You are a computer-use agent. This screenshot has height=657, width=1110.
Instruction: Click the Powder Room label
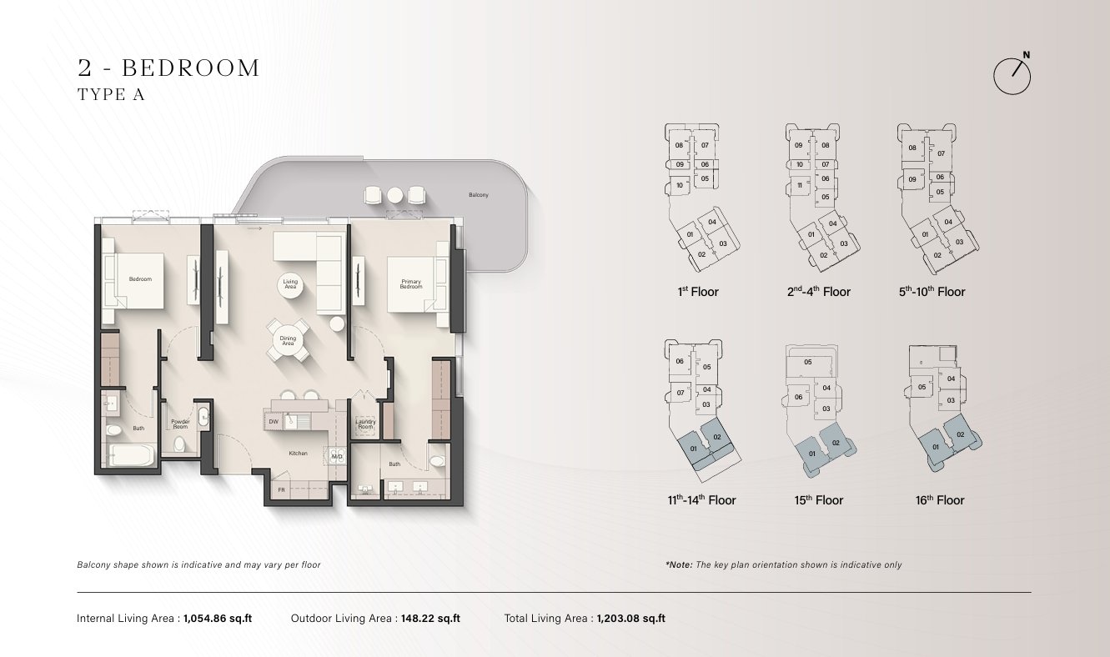(x=180, y=424)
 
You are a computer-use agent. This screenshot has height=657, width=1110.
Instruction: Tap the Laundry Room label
(x=366, y=424)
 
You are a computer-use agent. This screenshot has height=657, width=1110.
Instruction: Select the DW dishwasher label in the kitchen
(x=274, y=422)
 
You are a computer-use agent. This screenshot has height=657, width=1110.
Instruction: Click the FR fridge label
(x=282, y=490)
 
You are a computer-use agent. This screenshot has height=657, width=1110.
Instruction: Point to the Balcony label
(x=479, y=195)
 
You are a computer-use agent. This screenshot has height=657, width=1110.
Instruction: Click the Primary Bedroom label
(x=411, y=284)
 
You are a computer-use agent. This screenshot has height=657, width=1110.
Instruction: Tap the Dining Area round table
(x=288, y=341)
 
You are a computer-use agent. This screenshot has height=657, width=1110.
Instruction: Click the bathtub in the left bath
(x=131, y=454)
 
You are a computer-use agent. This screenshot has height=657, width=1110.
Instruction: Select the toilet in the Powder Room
(x=179, y=444)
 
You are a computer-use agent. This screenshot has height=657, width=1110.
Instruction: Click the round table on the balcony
(x=395, y=195)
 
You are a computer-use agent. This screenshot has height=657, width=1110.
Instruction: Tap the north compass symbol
(x=1012, y=75)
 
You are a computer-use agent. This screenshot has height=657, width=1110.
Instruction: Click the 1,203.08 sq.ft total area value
(x=630, y=619)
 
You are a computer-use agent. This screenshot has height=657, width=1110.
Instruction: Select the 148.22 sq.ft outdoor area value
(x=430, y=619)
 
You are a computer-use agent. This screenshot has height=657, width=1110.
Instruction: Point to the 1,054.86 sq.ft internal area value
(x=218, y=619)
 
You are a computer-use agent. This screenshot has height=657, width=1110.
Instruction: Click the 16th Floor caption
(x=940, y=500)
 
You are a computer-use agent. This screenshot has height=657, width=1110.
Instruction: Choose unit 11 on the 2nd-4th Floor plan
(x=799, y=185)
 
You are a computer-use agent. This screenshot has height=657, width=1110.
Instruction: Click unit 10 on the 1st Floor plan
(x=680, y=185)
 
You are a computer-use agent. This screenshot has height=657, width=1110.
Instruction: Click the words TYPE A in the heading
(x=111, y=95)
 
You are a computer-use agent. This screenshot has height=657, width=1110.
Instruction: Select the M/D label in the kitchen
(x=336, y=456)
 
